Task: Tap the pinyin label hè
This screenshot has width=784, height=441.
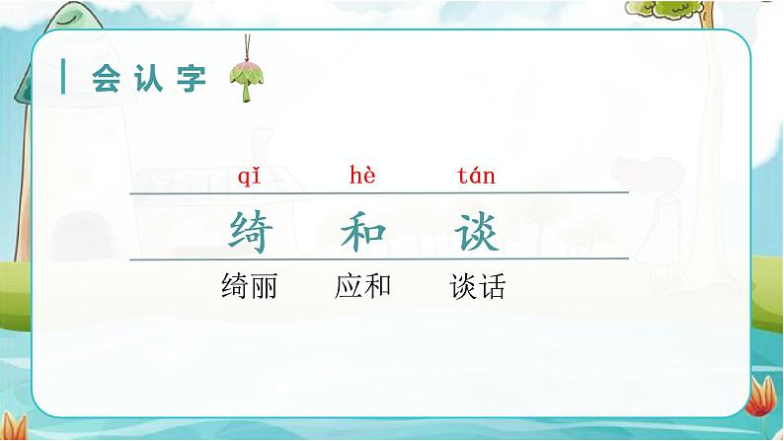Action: (x=363, y=177)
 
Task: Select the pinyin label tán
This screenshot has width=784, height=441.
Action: (x=476, y=177)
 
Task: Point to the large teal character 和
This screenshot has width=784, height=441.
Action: (x=363, y=232)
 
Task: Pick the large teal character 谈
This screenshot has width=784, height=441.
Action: (x=476, y=232)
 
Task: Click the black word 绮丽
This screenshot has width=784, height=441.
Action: (x=250, y=287)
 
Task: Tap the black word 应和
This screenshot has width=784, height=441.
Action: (x=363, y=287)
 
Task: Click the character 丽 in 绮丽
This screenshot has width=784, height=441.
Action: (x=264, y=287)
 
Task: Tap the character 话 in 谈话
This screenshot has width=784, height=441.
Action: (x=491, y=287)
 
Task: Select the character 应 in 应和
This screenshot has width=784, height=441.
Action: (x=350, y=287)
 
